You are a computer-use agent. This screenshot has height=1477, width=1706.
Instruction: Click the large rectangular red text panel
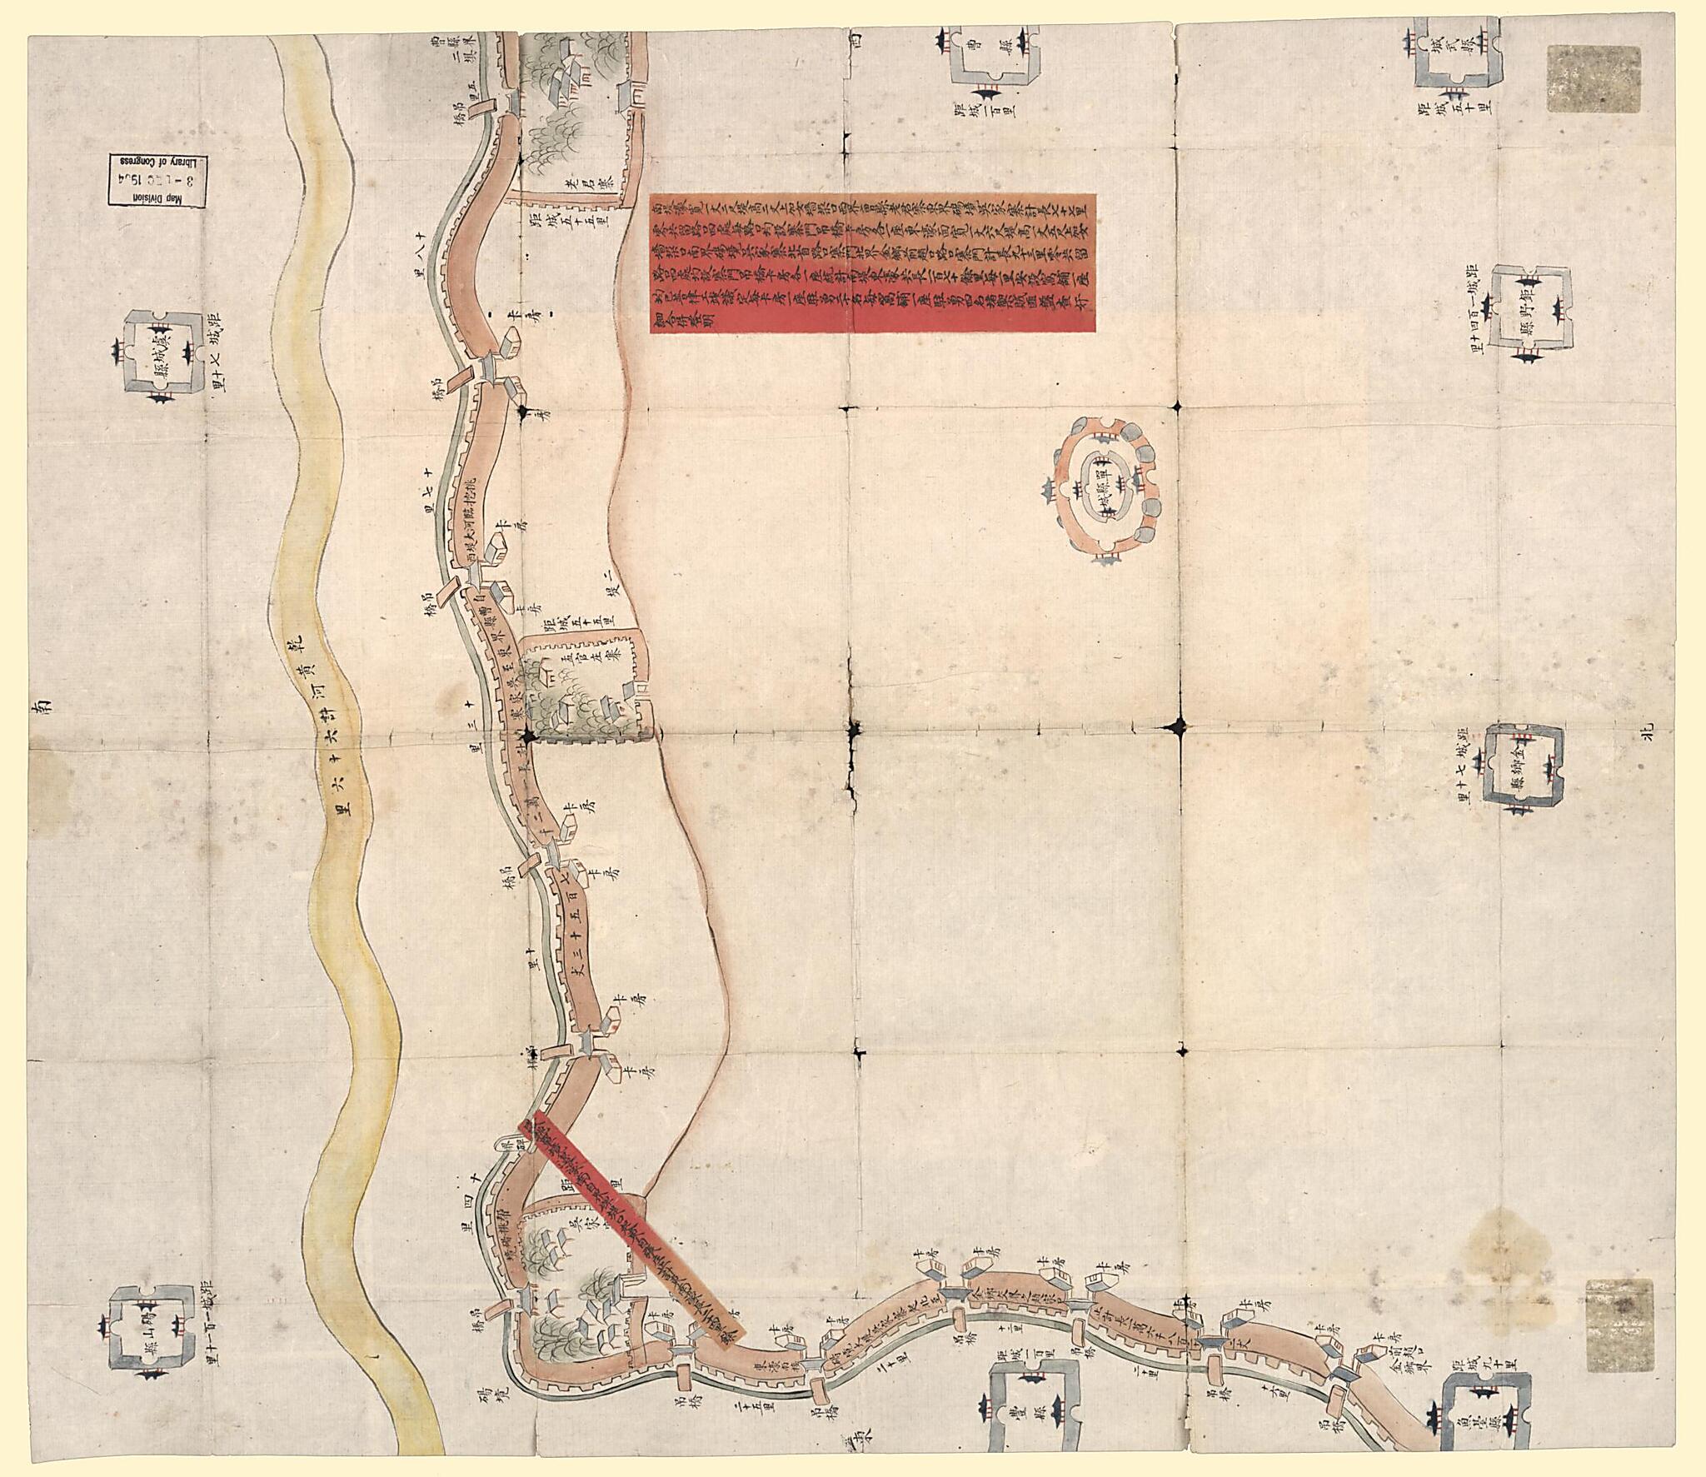click(873, 263)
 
